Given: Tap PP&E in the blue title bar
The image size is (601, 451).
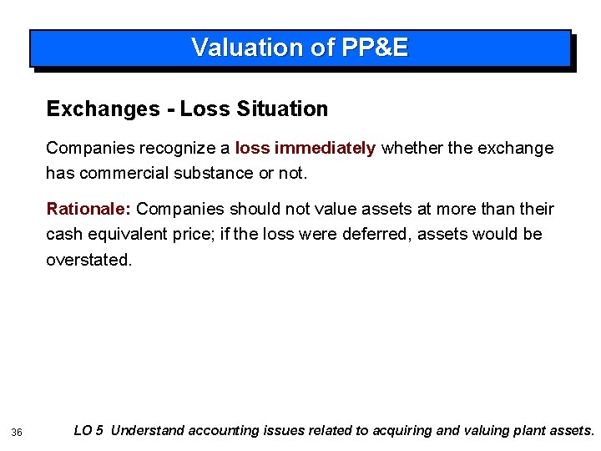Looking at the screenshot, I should pyautogui.click(x=375, y=48).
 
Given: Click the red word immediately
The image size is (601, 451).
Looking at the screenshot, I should pyautogui.click(x=326, y=148).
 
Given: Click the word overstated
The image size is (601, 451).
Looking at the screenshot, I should pyautogui.click(x=88, y=260).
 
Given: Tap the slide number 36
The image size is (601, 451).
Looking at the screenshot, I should pyautogui.click(x=16, y=432).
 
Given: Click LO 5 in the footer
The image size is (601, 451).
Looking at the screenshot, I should pyautogui.click(x=88, y=431).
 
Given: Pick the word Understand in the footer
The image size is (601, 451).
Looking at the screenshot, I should pyautogui.click(x=148, y=431).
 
